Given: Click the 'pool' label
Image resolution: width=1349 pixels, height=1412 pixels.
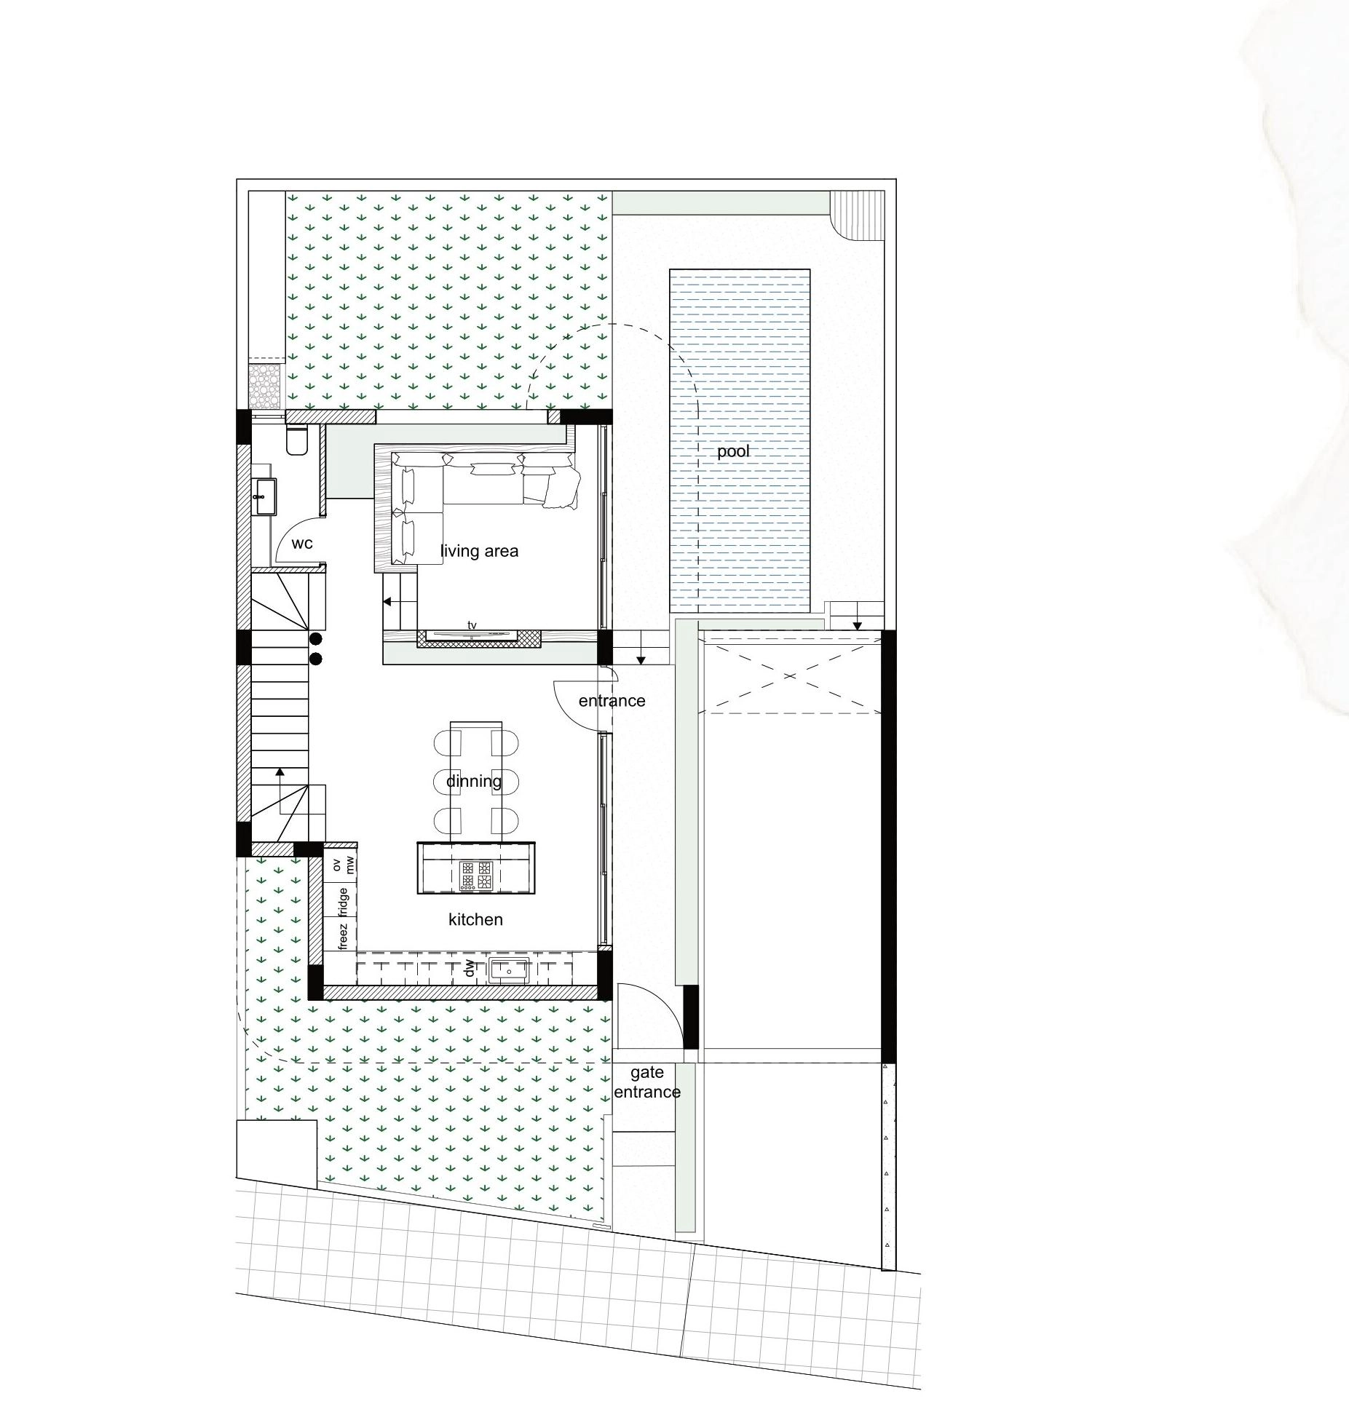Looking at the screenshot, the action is point(733,452).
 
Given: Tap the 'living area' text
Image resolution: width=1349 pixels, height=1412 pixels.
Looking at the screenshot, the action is point(479,551).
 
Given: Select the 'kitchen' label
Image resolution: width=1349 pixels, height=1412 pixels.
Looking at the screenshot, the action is point(475,919).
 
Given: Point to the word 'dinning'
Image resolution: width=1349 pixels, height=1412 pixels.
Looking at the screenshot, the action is point(474,782).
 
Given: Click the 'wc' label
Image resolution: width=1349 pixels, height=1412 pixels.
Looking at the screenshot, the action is point(302,544).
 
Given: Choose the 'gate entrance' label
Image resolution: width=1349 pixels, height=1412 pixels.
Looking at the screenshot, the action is point(647,1082).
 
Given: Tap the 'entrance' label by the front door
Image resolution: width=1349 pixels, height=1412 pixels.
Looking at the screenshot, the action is point(612,701).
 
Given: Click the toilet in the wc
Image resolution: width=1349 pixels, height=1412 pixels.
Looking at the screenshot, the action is point(297,440).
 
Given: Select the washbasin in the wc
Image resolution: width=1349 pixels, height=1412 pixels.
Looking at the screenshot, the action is point(264,496).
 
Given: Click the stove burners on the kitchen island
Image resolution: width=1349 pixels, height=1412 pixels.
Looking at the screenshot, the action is point(476,876).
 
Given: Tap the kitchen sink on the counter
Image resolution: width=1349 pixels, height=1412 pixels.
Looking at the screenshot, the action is point(508,970).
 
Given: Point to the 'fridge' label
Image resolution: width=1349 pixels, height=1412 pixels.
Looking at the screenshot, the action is point(344,902).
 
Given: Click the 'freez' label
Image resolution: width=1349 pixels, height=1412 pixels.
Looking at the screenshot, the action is point(344,936).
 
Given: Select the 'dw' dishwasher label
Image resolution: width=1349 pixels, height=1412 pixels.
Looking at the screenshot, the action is point(470,969).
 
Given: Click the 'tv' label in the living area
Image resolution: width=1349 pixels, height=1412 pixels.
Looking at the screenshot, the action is point(472,625).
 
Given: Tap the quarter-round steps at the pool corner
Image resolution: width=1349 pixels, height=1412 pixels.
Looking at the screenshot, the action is point(858,214).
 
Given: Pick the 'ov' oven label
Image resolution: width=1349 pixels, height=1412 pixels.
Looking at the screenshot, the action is point(336,865).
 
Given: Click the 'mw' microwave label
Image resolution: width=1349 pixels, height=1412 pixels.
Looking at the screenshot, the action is point(349,865).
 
